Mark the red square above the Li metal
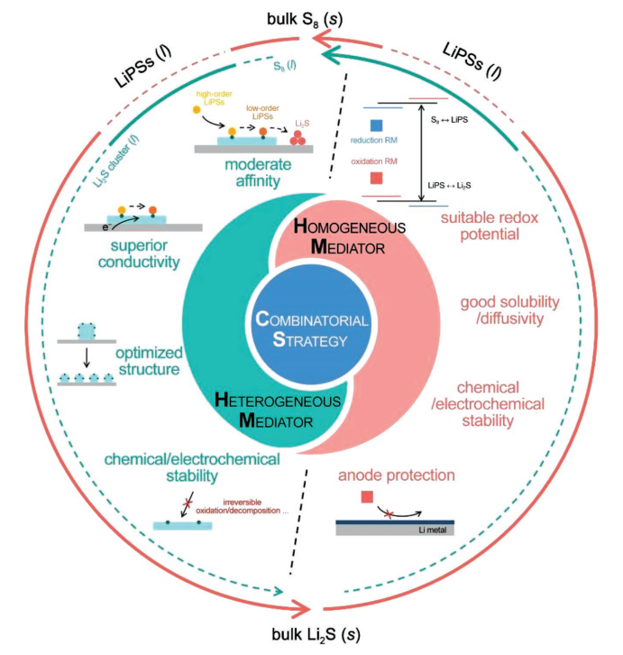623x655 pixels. pyautogui.click(x=368, y=497)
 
